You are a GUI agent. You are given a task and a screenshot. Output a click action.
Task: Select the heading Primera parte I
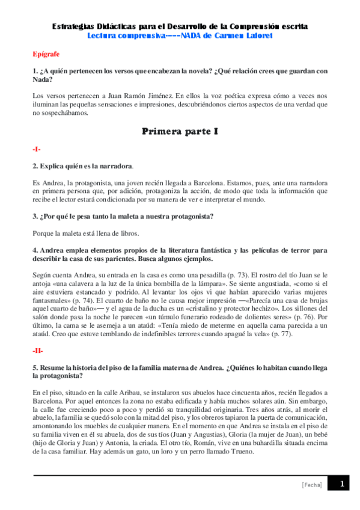(180, 131)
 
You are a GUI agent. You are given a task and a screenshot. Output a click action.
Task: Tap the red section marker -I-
(37, 148)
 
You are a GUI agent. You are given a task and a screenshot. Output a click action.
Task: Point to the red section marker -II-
(38, 349)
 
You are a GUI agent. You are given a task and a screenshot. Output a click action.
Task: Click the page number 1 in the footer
(341, 484)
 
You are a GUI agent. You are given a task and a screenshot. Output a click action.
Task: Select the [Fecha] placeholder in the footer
(311, 485)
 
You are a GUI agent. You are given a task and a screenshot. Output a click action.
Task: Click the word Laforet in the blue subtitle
(257, 35)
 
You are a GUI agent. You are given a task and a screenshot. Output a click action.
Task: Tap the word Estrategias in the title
(74, 27)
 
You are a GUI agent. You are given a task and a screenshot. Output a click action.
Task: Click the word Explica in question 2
(53, 165)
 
